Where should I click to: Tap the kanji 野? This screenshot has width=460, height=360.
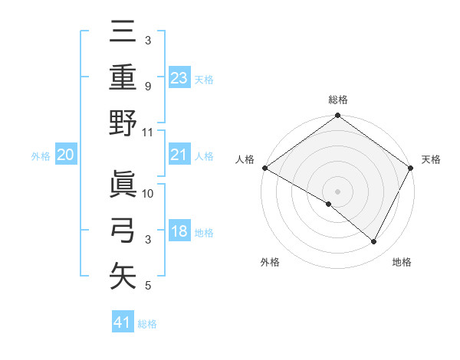point(123,123)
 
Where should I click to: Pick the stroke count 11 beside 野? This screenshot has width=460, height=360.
point(148,132)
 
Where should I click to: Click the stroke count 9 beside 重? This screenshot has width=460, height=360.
point(148,86)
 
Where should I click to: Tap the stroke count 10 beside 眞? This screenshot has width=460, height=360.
point(149,194)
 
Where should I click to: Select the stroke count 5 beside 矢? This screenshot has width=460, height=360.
point(148,286)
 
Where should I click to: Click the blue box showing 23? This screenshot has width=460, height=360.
point(179,77)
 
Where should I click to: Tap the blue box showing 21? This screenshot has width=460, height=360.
point(179,155)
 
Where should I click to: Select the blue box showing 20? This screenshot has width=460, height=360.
point(65,155)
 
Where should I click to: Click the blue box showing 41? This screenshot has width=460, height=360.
point(123,322)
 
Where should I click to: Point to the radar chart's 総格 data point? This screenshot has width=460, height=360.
point(337,116)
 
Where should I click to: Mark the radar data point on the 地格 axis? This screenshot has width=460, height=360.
point(374,242)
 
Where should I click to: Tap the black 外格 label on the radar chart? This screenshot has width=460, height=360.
point(270,262)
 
